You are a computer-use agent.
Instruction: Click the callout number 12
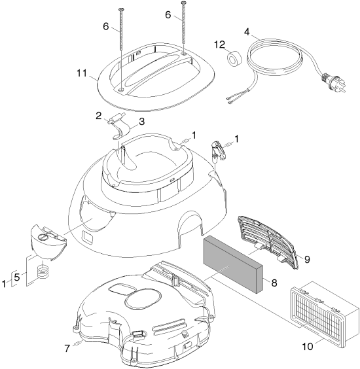[x=219, y=44]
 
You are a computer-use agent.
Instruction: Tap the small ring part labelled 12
[x=234, y=58]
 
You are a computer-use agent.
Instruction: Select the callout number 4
[x=247, y=32]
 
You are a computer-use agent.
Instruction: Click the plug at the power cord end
[x=334, y=82]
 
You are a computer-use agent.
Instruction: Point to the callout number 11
[x=82, y=73]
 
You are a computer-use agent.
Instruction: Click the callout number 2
[x=99, y=116]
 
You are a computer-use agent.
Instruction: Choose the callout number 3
[x=141, y=122]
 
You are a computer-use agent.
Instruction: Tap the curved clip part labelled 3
[x=122, y=131]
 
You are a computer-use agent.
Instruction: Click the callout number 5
[x=17, y=277]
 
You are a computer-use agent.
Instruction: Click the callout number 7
[x=67, y=348]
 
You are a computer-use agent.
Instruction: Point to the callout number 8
[x=274, y=283]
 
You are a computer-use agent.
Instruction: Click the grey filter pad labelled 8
[x=233, y=265]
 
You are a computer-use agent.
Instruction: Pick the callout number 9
[x=307, y=259]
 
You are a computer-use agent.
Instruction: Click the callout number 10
[x=308, y=346]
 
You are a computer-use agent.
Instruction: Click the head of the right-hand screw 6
[x=184, y=3]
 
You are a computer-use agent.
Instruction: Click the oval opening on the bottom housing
[x=143, y=299]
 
